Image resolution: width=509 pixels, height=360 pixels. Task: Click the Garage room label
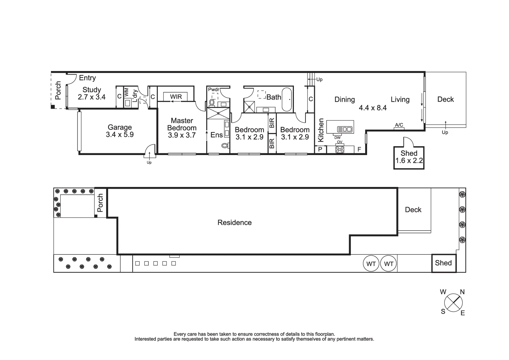pos(120,127)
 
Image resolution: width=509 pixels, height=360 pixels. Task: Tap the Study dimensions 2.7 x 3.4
pos(92,97)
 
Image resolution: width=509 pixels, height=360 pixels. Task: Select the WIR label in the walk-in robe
pos(176,97)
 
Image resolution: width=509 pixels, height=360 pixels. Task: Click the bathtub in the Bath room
pos(287,99)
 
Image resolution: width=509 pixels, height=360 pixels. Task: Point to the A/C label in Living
pos(399,125)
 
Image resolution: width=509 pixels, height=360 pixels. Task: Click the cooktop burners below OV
pos(340,149)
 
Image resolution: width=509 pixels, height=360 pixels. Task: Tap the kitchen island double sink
pos(344,129)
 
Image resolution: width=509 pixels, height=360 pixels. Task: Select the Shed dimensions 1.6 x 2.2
pos(409,161)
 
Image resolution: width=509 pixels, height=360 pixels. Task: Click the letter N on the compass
pos(462,292)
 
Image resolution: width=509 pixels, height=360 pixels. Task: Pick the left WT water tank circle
pos(371,264)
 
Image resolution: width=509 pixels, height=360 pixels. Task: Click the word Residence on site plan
pos(235,222)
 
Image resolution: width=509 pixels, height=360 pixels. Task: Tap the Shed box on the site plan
pos(443,263)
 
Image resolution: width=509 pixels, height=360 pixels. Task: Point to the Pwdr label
pos(214,89)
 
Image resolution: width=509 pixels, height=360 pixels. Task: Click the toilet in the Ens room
pos(225,145)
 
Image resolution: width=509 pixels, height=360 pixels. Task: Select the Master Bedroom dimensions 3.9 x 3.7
pos(182,135)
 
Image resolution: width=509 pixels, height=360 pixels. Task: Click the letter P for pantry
pos(320,149)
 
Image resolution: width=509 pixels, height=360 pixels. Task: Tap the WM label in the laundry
pos(127,92)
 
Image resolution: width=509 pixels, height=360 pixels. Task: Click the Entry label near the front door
pos(87,78)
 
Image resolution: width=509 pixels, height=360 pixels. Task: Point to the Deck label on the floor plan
pos(445,99)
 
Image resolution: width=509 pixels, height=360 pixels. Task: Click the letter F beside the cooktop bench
pos(359,149)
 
